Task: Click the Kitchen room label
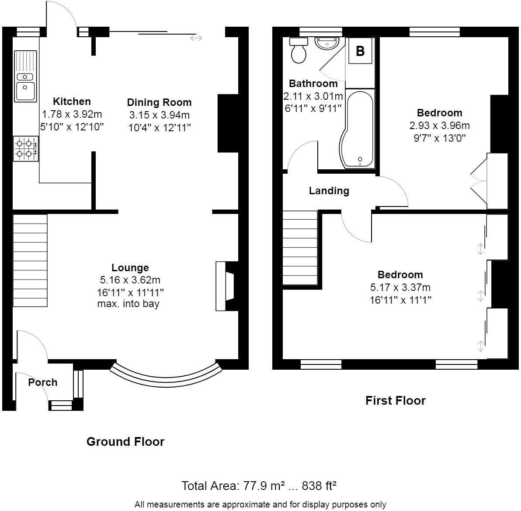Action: coord(72,101)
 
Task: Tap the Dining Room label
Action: coord(159,102)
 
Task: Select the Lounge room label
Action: coord(130,268)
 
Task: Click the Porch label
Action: coord(43,382)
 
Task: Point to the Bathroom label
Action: coord(313,84)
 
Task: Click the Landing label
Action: coord(329,191)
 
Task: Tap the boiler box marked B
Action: coord(360,51)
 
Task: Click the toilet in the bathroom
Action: coord(299,51)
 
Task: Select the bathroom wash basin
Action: coord(326,43)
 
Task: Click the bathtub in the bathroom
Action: coord(358,129)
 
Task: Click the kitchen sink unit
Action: coord(25,76)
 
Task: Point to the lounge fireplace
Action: coord(226,286)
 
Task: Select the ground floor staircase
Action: coord(30,260)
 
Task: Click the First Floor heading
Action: coord(395,400)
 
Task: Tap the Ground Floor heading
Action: coord(125,441)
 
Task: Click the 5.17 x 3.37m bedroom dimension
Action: coord(400,287)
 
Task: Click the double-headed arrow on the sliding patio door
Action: coord(196,38)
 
